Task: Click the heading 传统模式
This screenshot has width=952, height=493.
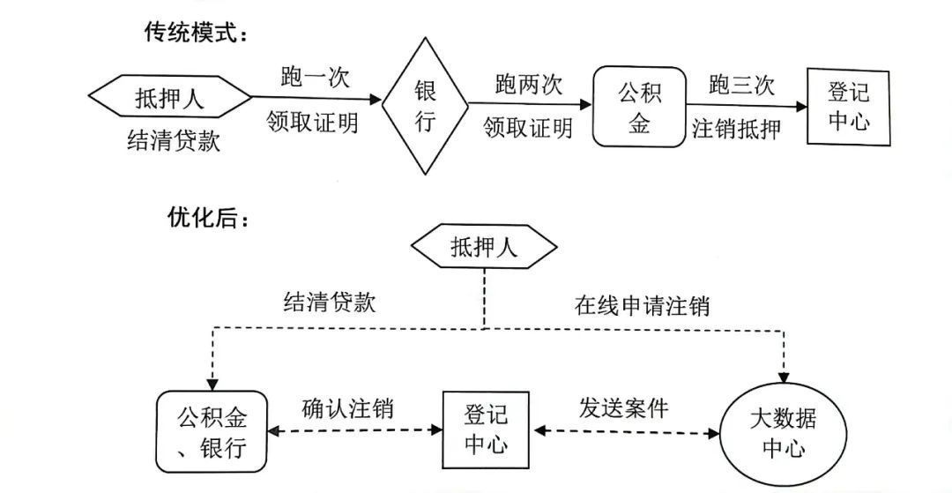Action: pyautogui.click(x=196, y=33)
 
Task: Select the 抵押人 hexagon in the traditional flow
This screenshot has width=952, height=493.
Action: pyautogui.click(x=169, y=98)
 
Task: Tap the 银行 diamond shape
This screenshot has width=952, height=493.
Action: pyautogui.click(x=425, y=106)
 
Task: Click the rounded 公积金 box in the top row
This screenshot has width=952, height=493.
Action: pyautogui.click(x=638, y=107)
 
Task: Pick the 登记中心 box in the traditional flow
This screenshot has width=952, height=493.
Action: pyautogui.click(x=849, y=106)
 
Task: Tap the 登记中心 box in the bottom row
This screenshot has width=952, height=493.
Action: pyautogui.click(x=486, y=429)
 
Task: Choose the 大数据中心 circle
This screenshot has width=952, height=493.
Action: pyautogui.click(x=783, y=431)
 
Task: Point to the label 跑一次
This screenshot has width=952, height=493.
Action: pyautogui.click(x=315, y=78)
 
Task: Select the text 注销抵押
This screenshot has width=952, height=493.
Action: pyautogui.click(x=737, y=129)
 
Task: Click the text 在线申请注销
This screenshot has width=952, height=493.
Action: pyautogui.click(x=642, y=306)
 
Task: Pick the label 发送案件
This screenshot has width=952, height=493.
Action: pyautogui.click(x=623, y=408)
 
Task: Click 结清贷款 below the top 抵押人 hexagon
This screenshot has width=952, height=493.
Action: pyautogui.click(x=173, y=141)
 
